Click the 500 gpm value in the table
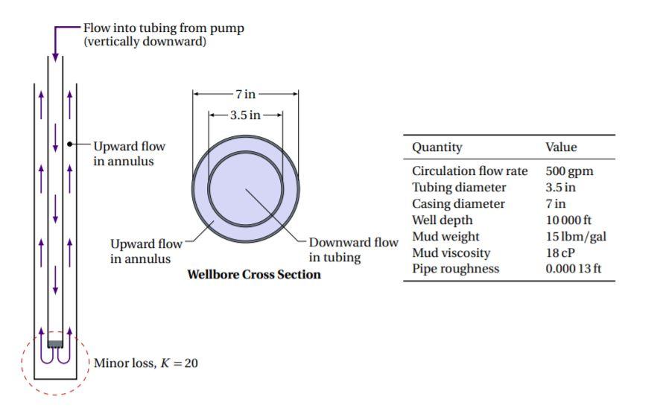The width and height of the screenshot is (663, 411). [x=569, y=171]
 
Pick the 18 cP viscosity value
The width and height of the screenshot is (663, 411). [x=561, y=252]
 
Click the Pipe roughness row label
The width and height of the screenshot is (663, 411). [x=455, y=269]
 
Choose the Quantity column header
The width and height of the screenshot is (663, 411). [x=437, y=147]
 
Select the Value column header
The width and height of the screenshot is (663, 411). [x=561, y=147]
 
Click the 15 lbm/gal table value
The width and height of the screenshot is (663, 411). [x=575, y=236]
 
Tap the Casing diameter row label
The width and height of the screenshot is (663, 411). [x=458, y=203]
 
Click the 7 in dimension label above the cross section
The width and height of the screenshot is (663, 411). [x=245, y=94]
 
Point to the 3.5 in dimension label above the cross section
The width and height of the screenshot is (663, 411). [x=245, y=115]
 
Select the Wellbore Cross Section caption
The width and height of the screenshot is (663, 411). [x=254, y=275]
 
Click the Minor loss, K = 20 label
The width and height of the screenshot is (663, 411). [x=146, y=363]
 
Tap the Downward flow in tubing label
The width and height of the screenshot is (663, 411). [x=353, y=250]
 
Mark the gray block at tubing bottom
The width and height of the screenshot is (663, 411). [x=55, y=344]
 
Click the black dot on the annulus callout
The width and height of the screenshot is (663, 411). [x=69, y=144]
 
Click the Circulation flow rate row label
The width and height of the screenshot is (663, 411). [x=469, y=171]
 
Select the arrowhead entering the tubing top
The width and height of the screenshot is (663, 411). [x=55, y=57]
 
